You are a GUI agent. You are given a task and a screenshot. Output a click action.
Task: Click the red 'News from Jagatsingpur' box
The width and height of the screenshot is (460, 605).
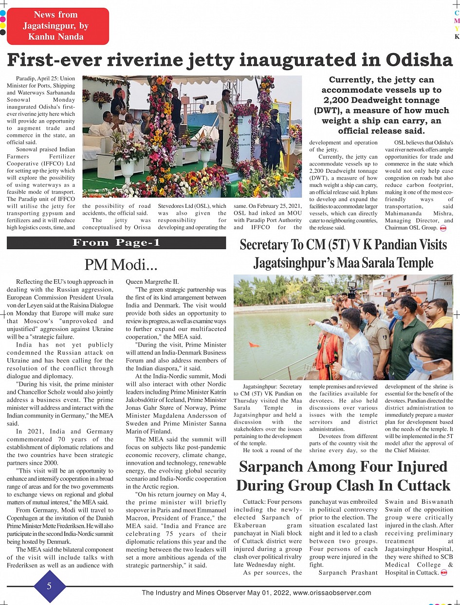(x=58, y=26)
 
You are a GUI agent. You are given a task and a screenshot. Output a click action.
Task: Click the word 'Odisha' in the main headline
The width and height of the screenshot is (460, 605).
(x=419, y=59)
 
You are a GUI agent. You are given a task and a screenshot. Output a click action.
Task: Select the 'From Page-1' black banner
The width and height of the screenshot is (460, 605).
(x=116, y=242)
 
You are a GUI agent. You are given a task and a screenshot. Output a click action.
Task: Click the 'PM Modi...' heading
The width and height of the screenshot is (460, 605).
(x=121, y=264)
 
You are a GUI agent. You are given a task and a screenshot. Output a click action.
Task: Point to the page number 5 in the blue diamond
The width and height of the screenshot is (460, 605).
(x=49, y=586)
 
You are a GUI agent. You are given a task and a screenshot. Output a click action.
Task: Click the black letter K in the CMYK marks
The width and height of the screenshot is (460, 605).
(x=457, y=37)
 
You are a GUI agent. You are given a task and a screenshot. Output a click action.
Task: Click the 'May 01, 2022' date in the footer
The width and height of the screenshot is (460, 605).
(x=266, y=593)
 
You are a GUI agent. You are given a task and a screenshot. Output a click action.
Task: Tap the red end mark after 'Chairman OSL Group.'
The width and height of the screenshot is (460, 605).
(x=443, y=228)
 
